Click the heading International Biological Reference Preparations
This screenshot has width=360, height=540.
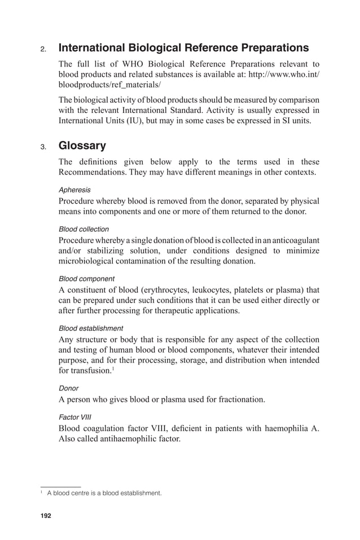point(183,47)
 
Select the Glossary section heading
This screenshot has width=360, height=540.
point(82,146)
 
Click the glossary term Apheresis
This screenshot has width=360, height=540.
point(74,190)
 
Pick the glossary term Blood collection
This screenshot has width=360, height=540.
point(84,229)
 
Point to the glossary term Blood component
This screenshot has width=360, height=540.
point(86,279)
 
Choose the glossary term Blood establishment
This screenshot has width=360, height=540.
point(91,328)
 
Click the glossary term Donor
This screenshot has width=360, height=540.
point(68,388)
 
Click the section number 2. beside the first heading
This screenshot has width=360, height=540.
point(43,49)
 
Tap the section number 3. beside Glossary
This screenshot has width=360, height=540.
point(43,147)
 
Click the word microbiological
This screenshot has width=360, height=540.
point(87,261)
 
